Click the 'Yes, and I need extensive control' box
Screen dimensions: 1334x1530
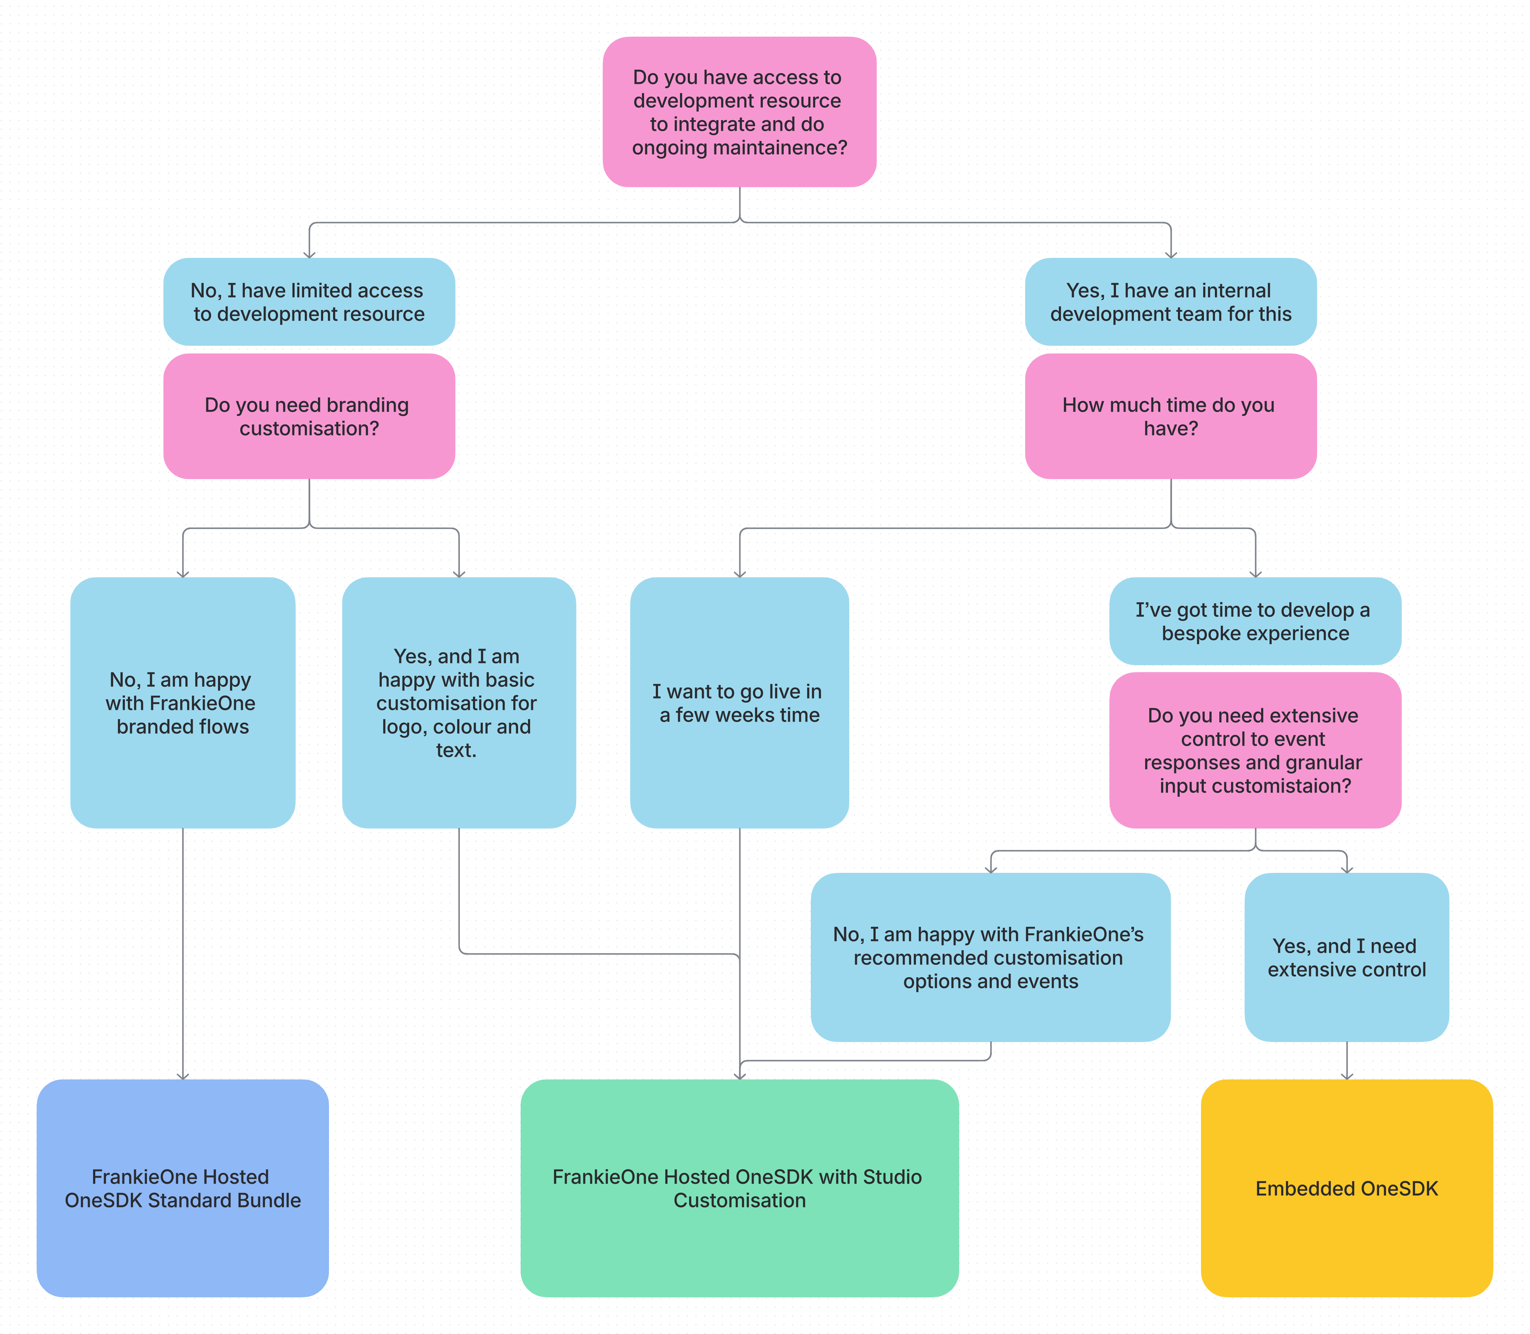tap(1346, 957)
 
